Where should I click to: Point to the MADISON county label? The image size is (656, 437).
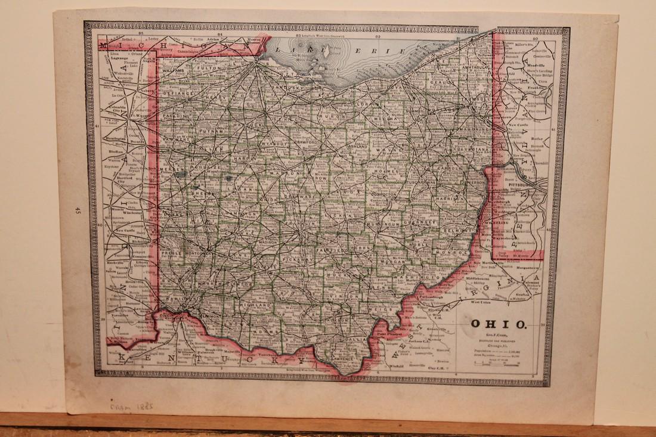point(269,243)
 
